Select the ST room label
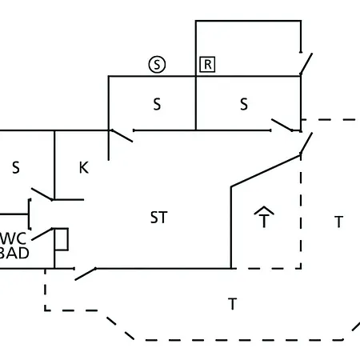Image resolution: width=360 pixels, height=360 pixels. coord(159,218)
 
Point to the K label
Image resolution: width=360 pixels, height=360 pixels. coord(84,168)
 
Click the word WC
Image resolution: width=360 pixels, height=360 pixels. coord(13,238)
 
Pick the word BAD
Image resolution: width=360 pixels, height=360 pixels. coord(14,253)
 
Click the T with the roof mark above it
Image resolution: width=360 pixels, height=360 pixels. coord(264,221)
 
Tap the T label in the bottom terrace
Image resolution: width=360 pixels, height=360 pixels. coord(233,304)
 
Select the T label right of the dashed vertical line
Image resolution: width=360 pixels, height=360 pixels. coord(338,222)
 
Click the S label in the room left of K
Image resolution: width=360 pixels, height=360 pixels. coord(16,168)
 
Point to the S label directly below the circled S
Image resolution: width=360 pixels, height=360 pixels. coord(157,104)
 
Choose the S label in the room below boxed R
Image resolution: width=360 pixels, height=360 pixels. coord(244,104)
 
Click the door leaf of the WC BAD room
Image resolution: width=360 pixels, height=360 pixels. coord(42,234)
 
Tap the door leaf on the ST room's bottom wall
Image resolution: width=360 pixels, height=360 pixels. coord(86,274)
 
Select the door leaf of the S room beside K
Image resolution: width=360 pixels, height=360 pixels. coord(42,194)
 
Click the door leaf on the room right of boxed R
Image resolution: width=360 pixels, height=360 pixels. coord(306,63)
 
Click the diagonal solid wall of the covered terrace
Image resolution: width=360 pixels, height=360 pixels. coord(266,171)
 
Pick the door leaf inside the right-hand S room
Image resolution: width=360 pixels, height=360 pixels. coord(282,125)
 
